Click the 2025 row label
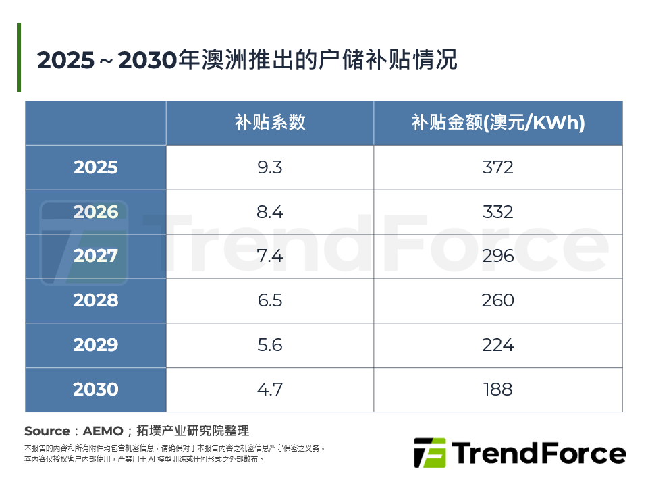coord(96,167)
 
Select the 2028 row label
coord(96,300)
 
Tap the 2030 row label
coord(96,389)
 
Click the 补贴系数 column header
coord(270,122)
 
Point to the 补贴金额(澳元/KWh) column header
coord(498,122)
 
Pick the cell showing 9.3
coord(270,167)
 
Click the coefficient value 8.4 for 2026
coord(270,212)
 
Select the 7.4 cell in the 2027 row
coord(270,256)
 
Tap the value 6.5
coord(270,300)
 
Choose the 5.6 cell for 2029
coord(270,345)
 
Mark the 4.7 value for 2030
coord(270,389)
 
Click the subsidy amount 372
coord(498,167)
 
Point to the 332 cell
coord(498,212)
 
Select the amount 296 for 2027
coord(498,256)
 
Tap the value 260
coord(498,300)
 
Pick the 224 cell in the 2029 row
coord(498,345)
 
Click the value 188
coord(498,389)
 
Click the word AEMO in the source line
coord(103,431)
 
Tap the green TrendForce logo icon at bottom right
coord(429,453)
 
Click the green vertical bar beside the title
coord(19,57)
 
